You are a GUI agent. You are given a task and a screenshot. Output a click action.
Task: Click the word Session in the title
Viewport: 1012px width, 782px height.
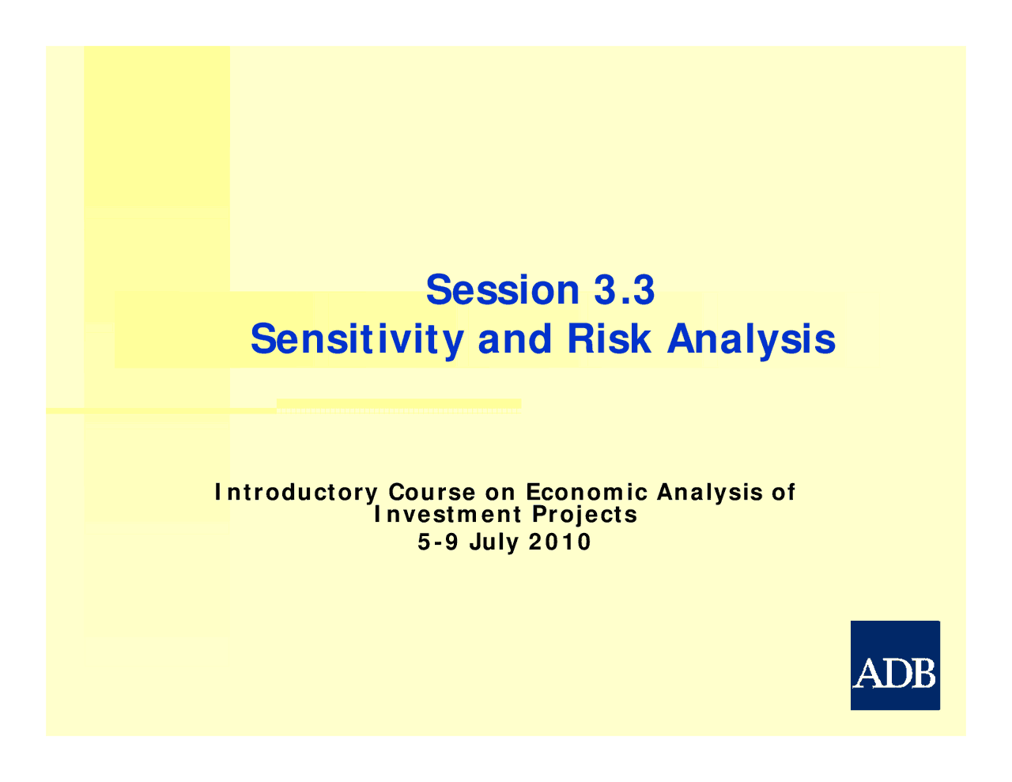(x=503, y=290)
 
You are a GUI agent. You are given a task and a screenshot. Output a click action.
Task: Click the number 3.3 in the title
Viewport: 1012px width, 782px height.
(x=624, y=290)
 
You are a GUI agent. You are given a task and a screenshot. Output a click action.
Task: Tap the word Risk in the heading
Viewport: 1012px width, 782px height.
(x=609, y=338)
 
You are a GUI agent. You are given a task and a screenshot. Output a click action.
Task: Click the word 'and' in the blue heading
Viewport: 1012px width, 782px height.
(x=515, y=338)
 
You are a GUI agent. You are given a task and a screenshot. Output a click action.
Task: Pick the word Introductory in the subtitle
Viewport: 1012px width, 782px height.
(x=296, y=493)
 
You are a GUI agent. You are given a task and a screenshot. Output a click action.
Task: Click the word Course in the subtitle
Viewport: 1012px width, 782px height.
(x=432, y=493)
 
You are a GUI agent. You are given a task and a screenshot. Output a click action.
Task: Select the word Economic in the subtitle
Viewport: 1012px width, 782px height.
(x=587, y=493)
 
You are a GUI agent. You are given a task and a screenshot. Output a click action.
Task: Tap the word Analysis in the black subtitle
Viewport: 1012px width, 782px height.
(x=710, y=493)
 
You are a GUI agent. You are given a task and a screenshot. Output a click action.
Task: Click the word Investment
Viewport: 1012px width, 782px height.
(x=447, y=515)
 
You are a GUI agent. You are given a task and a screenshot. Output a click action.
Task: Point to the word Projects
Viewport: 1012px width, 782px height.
(x=584, y=515)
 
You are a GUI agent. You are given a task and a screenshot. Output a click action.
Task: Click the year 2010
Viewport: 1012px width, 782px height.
(x=559, y=542)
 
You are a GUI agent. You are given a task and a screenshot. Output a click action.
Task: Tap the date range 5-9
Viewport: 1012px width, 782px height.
(x=438, y=542)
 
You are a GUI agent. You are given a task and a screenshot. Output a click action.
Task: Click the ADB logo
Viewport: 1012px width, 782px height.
(x=895, y=666)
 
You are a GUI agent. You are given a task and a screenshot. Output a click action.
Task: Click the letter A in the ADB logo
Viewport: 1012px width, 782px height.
(x=868, y=674)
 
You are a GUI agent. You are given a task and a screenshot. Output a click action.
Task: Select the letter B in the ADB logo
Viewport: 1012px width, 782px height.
(x=922, y=674)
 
